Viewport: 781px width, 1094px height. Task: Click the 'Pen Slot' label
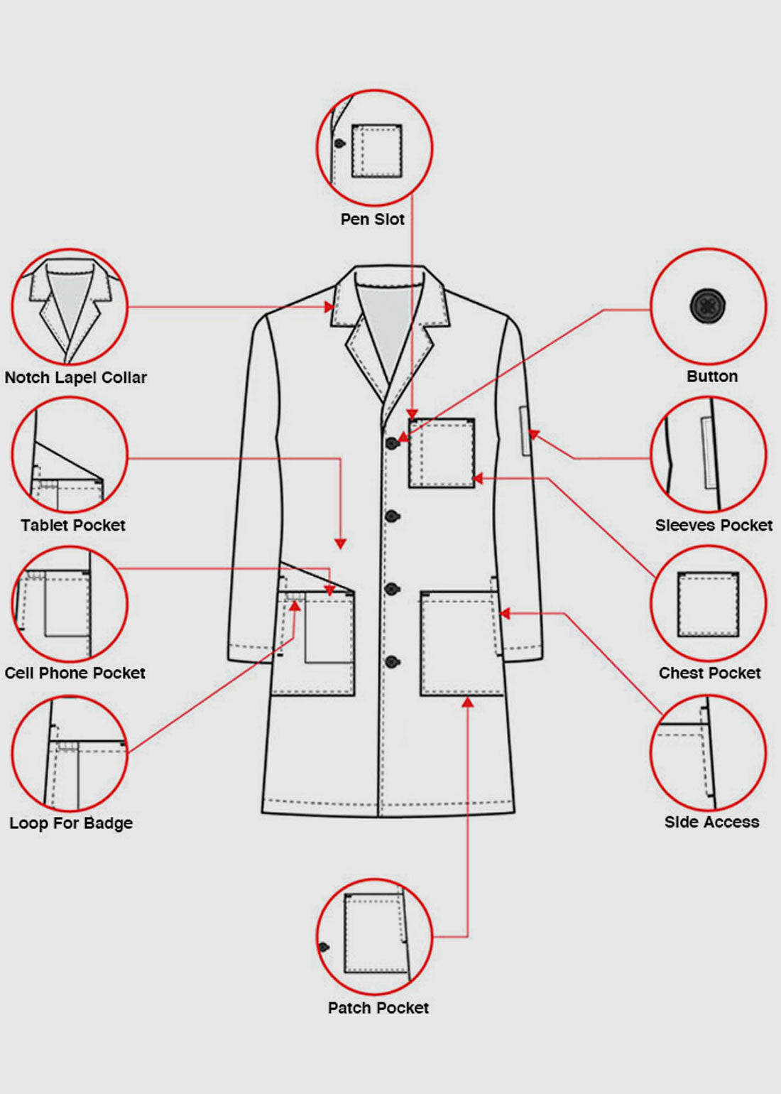coord(373,220)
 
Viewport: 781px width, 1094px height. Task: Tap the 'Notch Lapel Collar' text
coord(76,377)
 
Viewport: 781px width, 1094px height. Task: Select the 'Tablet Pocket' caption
coord(73,525)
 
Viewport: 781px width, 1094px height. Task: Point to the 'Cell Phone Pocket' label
coord(75,673)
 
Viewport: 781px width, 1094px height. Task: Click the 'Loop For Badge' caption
coord(71,823)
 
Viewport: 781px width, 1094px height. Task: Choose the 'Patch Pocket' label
coord(378,1007)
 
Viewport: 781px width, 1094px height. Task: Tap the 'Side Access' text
coord(711,822)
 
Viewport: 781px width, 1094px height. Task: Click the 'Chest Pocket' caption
coord(710,673)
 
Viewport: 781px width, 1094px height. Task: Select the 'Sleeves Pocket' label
coord(714,525)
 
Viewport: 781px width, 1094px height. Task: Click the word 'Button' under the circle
coord(712,376)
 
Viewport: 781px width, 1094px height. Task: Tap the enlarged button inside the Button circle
coord(707,305)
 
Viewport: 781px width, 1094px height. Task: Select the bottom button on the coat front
coord(393,662)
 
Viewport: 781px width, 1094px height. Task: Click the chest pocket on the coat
coord(442,453)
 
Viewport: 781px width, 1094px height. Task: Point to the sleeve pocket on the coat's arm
coord(525,430)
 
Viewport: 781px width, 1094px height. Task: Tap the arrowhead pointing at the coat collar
coord(329,307)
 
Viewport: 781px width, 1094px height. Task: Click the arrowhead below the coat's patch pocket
coord(468,703)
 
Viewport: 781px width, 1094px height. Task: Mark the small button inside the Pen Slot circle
coord(339,143)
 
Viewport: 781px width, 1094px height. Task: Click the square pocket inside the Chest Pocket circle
coord(709,604)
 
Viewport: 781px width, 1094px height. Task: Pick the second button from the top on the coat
coord(393,516)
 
